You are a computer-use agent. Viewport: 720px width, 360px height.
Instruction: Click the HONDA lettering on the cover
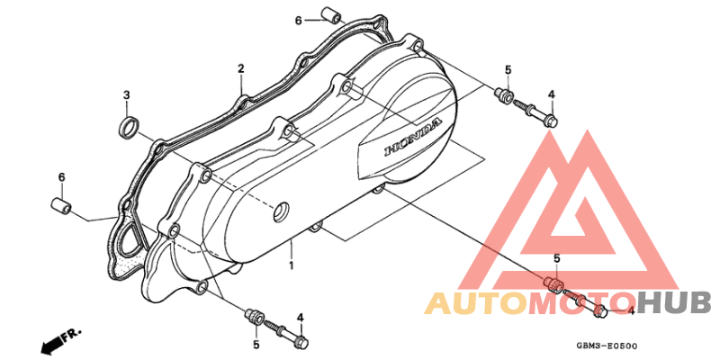413,137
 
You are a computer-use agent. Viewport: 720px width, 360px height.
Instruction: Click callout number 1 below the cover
291,265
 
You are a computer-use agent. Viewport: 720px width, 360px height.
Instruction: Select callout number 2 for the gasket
240,69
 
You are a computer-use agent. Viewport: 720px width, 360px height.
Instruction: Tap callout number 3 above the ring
126,95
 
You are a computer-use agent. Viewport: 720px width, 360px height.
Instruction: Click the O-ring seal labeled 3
129,127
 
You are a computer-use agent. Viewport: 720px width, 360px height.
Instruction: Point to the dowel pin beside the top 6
331,14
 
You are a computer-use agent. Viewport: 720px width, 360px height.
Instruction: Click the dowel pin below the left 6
60,205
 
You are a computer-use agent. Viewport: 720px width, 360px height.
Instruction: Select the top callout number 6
298,21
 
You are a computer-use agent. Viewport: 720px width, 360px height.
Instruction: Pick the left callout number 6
61,177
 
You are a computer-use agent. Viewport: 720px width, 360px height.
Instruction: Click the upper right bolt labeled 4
535,112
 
